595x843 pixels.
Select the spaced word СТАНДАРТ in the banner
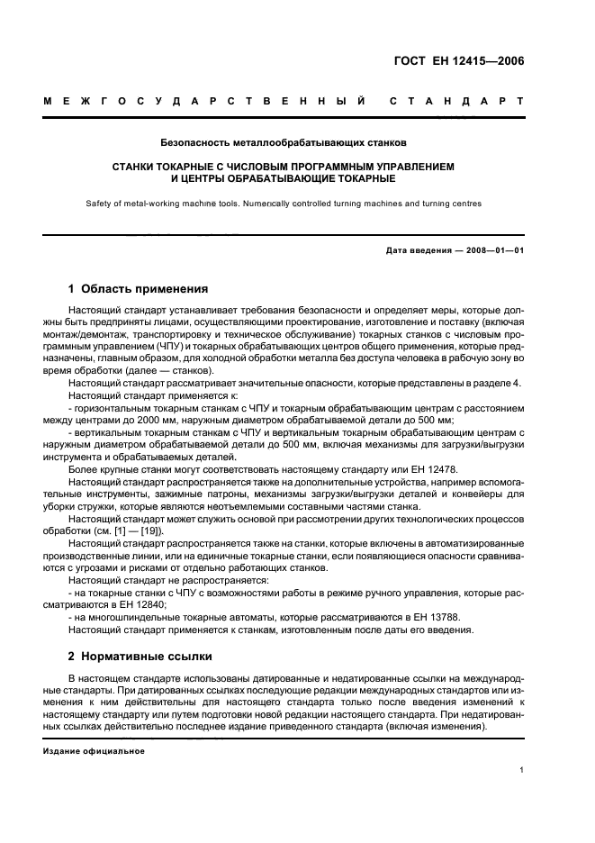click(457, 102)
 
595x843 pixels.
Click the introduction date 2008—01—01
click(492, 249)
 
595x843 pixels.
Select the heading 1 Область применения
click(138, 289)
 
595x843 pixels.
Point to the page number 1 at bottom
click(522, 770)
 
